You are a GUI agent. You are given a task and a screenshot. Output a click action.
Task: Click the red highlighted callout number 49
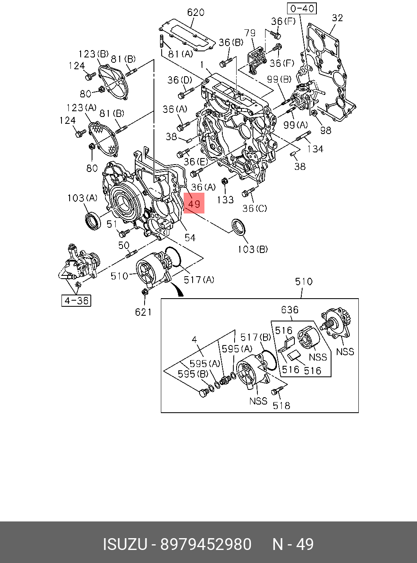pyautogui.click(x=194, y=203)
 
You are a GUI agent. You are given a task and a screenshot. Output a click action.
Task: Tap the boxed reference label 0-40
pyautogui.click(x=302, y=9)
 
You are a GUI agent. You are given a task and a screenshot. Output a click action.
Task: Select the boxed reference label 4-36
pyautogui.click(x=76, y=301)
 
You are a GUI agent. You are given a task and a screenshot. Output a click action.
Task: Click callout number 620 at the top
pyautogui.click(x=195, y=13)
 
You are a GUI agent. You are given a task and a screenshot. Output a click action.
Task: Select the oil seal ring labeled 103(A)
pyautogui.click(x=92, y=222)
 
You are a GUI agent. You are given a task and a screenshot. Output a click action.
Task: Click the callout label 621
pyautogui.click(x=143, y=312)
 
